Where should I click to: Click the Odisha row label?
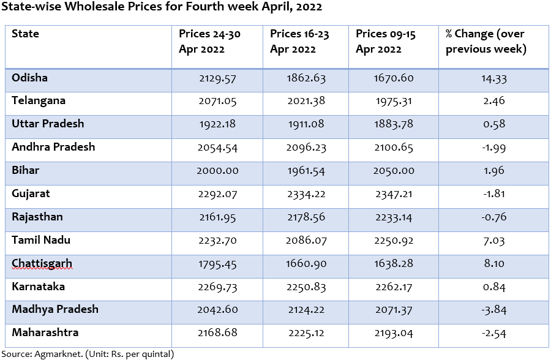pos(29,78)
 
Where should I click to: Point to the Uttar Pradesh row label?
pos(48,124)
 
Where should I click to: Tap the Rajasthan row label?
pos(37,217)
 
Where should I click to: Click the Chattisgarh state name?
pos(42,264)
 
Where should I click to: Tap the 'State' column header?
pos(25,34)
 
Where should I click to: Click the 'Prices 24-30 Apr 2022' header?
pos(209,42)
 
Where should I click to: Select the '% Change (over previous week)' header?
pos(485,42)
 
